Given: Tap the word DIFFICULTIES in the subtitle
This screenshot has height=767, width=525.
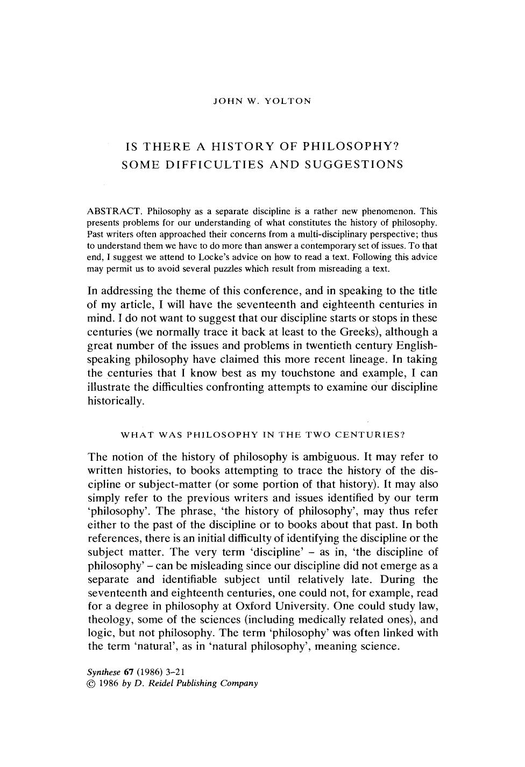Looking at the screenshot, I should (x=214, y=164).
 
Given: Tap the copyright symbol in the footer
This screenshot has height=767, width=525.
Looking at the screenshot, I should (x=91, y=684).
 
